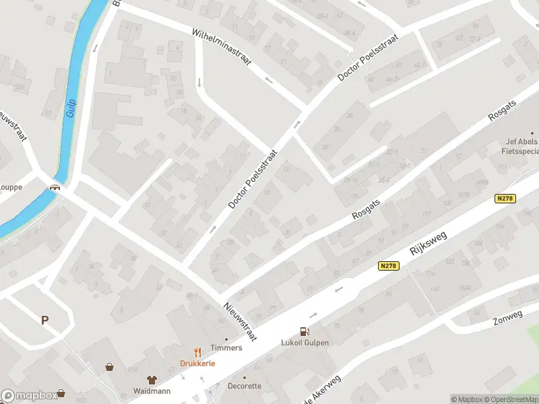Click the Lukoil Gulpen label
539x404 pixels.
(x=305, y=342)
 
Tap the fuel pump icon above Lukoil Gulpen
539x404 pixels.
(x=305, y=331)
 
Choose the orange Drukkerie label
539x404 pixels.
(x=197, y=364)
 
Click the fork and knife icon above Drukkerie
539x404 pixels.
(x=197, y=352)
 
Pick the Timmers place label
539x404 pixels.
(x=226, y=348)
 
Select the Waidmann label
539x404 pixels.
(x=152, y=391)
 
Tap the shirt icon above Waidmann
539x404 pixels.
(x=152, y=380)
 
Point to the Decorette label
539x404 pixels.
(x=244, y=386)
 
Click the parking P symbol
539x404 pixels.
(x=45, y=320)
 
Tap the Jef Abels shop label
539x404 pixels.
(x=521, y=146)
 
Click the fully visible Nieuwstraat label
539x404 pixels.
(x=240, y=321)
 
